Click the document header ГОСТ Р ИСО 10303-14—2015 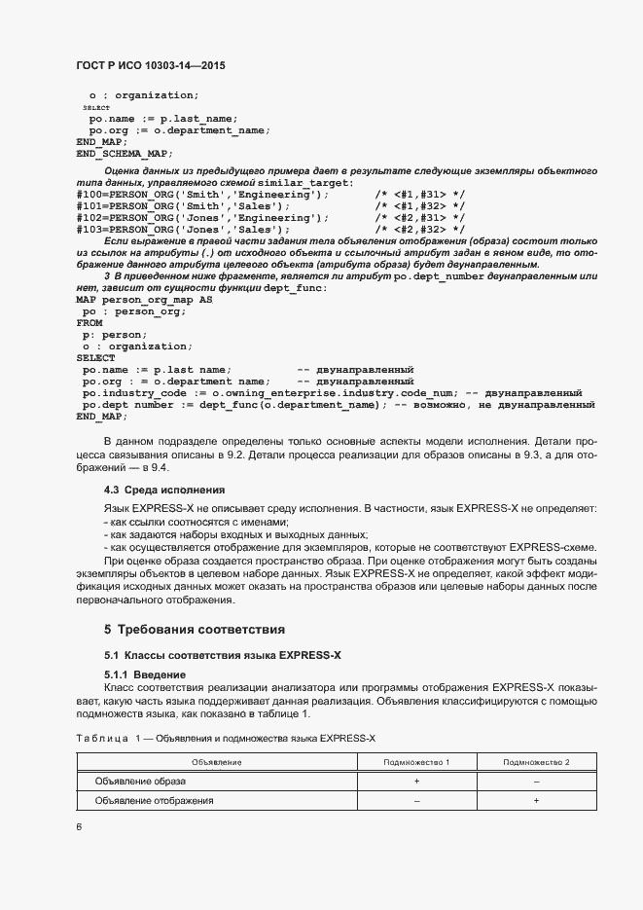tap(157, 66)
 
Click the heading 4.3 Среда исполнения tap(164, 489)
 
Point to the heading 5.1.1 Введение tap(150, 674)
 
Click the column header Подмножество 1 tap(416, 761)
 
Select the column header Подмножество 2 tap(536, 761)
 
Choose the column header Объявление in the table tap(216, 761)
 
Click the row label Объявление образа tap(140, 781)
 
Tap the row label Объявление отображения tap(154, 800)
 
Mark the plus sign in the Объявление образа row tap(416, 781)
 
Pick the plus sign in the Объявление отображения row tap(536, 800)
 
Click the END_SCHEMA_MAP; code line tap(124, 153)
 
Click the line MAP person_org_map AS tap(143, 300)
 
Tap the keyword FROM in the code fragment tap(89, 322)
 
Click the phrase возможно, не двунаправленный tap(520, 404)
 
